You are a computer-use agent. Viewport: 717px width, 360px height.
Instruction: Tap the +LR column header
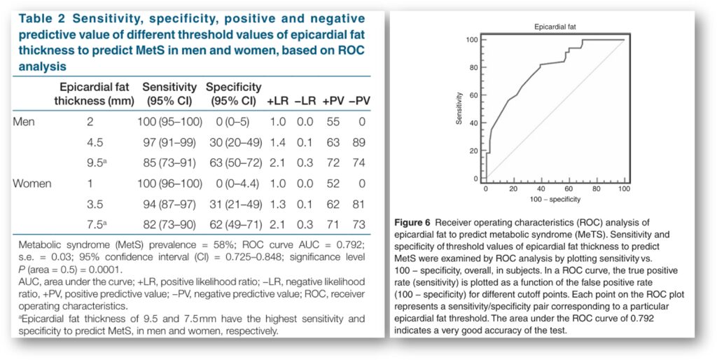277,101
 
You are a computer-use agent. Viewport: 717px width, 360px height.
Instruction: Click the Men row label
23,122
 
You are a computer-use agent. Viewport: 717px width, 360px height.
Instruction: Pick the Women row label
32,184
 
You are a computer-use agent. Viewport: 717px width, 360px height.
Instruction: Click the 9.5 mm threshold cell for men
97,163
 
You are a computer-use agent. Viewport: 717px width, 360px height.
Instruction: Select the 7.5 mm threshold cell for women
97,225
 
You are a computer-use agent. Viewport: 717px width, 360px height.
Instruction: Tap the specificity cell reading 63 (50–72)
237,163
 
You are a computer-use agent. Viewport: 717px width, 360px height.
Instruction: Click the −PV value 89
359,142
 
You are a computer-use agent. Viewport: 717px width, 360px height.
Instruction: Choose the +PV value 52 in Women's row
333,184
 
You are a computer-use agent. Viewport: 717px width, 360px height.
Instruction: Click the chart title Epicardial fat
555,27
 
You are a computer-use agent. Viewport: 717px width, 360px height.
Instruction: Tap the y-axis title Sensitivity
459,109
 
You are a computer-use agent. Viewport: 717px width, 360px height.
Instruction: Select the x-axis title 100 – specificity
555,199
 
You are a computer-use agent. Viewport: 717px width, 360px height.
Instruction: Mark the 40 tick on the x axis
542,188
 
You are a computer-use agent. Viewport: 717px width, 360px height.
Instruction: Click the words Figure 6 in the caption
412,223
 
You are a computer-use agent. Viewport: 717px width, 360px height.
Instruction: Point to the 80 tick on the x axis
597,188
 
